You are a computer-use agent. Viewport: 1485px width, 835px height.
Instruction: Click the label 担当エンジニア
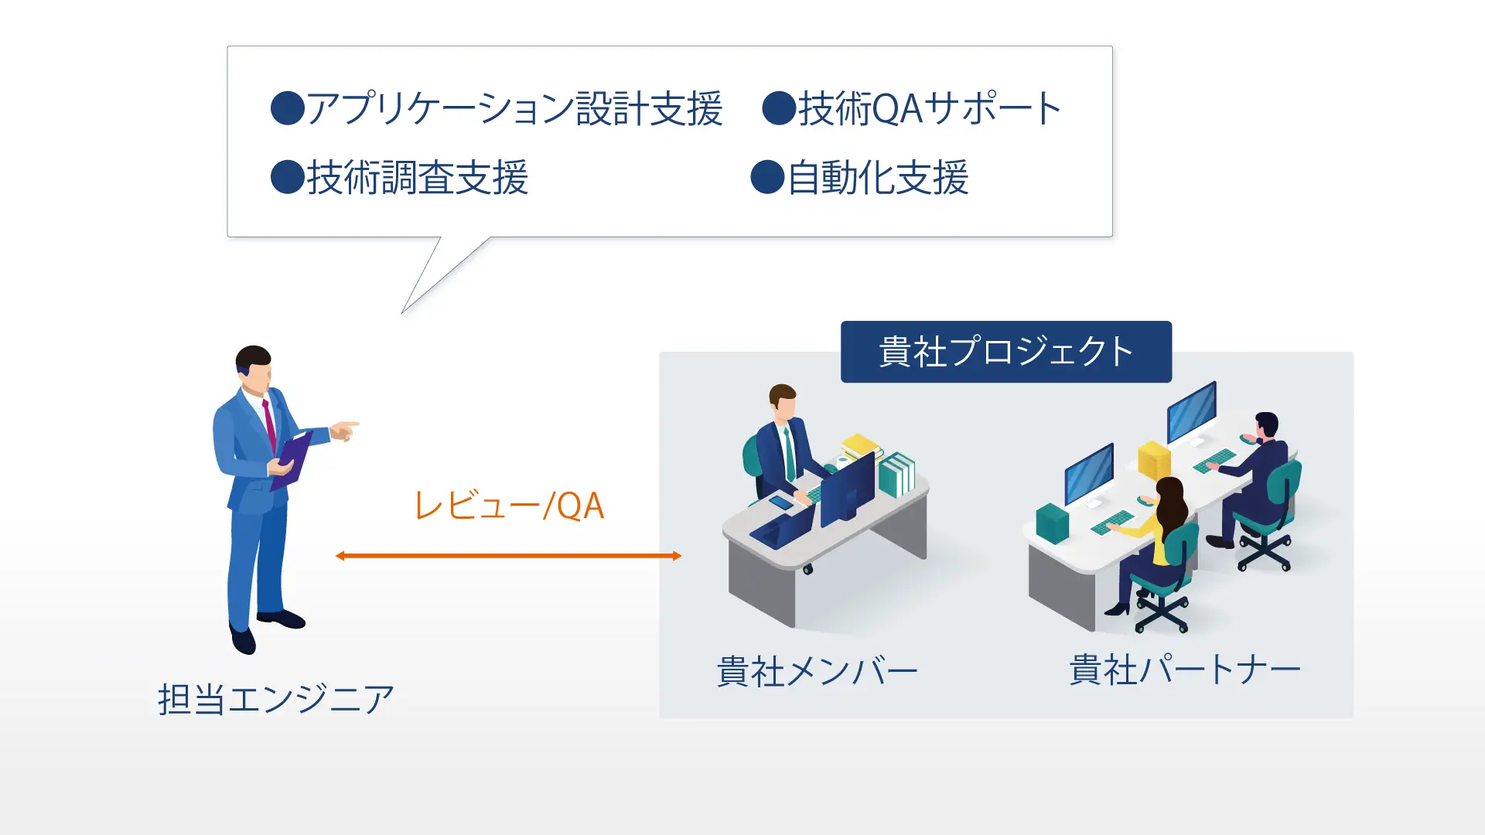point(276,699)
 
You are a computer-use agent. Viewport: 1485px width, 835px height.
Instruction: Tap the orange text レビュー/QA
point(509,506)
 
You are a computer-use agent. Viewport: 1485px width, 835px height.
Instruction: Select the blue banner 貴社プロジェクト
point(1005,352)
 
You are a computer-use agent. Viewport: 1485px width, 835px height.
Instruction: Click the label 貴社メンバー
point(817,671)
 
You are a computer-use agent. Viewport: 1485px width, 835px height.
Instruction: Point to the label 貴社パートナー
point(1184,670)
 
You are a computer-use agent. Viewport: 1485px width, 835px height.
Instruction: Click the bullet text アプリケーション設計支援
point(514,108)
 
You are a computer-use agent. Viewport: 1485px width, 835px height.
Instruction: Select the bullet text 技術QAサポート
point(930,108)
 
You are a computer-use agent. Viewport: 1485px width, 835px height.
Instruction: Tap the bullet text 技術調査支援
point(418,178)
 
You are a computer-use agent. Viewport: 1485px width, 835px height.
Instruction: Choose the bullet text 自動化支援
point(878,178)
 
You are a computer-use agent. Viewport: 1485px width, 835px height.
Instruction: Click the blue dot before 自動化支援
point(767,177)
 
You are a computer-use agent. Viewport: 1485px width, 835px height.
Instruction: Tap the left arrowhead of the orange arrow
point(340,555)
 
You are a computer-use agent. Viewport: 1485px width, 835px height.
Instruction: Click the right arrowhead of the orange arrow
point(677,555)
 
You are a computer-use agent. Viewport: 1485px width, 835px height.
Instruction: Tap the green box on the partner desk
point(1052,523)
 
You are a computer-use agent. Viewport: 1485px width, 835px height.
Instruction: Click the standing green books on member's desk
point(896,474)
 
